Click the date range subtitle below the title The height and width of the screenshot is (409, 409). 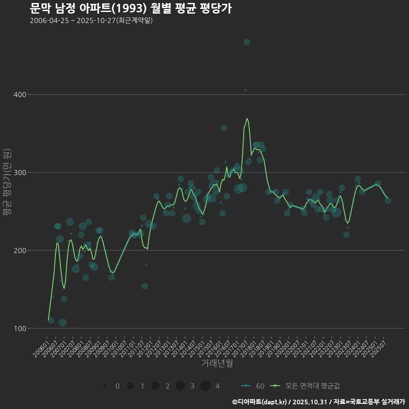coord(91,20)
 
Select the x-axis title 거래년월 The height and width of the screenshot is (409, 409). coord(217,363)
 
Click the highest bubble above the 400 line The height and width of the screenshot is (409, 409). coord(247,42)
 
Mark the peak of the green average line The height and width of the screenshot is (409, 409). coord(247,118)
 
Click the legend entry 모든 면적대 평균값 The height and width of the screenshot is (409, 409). coord(307,386)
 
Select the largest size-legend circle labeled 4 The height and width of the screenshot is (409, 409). coord(205,386)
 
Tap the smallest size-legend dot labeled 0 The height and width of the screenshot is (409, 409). coord(105,386)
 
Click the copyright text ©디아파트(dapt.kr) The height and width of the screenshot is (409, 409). coord(259,401)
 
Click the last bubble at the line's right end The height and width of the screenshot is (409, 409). coord(388,200)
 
